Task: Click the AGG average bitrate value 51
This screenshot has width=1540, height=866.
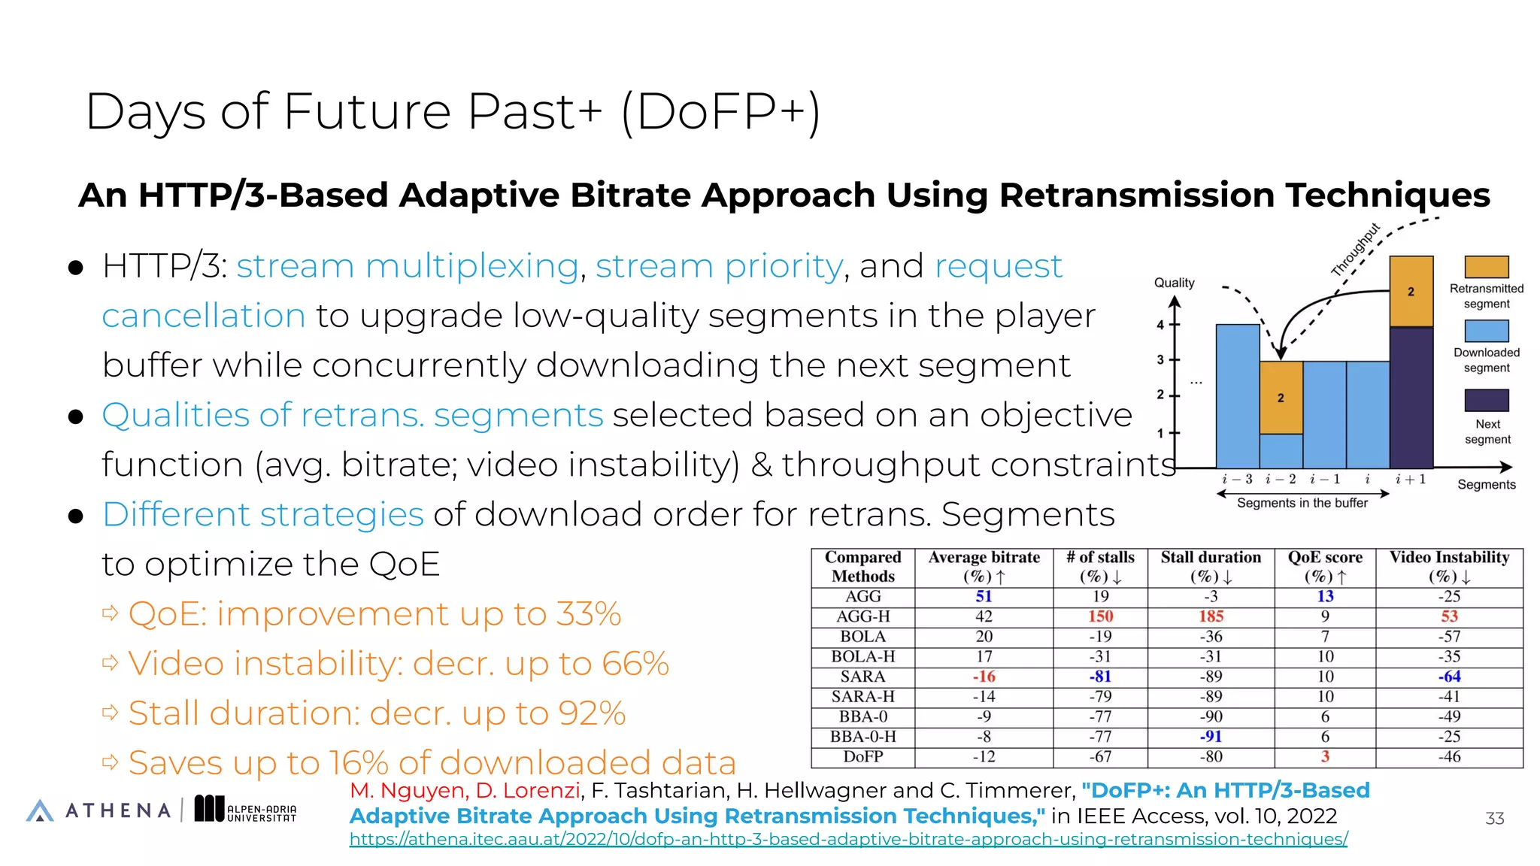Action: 984,596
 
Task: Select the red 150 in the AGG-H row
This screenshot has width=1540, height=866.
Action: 1100,616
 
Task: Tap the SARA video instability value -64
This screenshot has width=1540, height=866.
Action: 1449,677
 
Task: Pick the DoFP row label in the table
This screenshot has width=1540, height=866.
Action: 862,757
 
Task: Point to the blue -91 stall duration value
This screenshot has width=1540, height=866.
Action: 1211,737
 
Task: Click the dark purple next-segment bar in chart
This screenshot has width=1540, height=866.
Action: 1411,398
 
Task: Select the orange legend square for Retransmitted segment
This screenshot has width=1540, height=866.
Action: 1487,267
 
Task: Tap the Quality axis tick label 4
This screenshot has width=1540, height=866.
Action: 1160,325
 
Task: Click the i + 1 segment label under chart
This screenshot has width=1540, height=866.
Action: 1411,479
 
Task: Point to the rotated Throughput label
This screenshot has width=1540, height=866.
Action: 1355,250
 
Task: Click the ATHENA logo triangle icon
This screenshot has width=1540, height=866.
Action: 40,810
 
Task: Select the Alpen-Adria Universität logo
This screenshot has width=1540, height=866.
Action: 245,809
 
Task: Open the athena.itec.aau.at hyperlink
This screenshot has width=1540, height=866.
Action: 847,839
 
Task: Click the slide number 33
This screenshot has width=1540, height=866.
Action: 1494,819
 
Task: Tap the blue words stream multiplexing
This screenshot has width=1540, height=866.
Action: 407,266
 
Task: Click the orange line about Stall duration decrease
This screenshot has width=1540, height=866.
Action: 376,713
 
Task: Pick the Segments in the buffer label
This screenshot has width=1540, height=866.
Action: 1302,503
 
